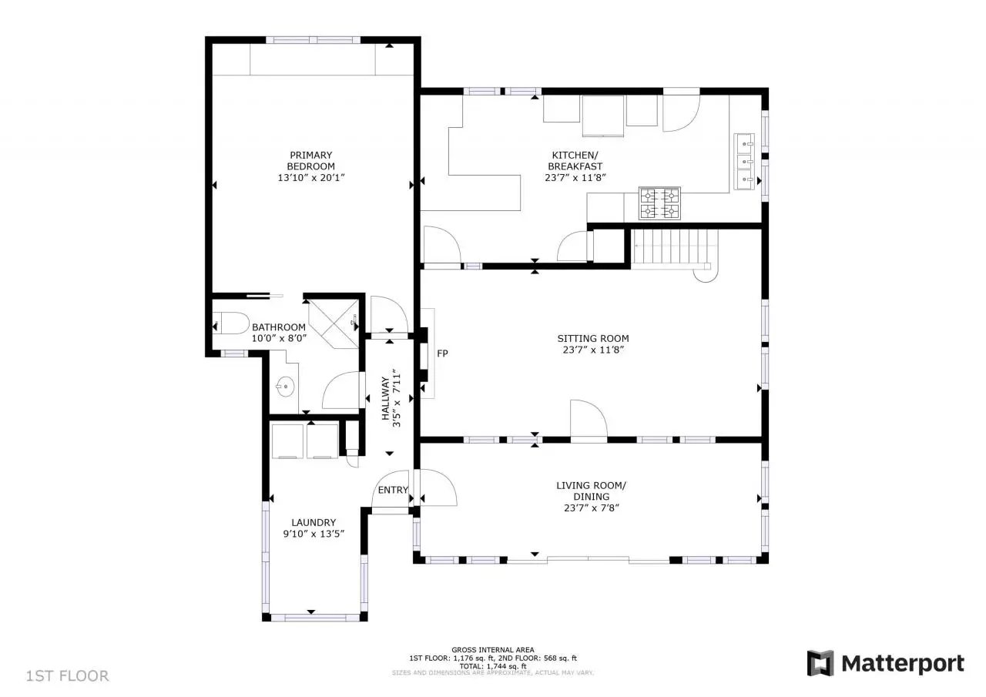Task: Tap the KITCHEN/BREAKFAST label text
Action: point(575,161)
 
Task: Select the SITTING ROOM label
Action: point(593,338)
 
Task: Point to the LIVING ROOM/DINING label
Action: point(591,491)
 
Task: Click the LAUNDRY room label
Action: point(314,522)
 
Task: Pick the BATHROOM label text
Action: point(279,327)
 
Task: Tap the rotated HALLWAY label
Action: point(386,398)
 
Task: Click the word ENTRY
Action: point(393,490)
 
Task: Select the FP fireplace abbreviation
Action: point(442,354)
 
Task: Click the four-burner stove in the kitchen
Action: point(659,203)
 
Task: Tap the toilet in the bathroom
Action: point(231,323)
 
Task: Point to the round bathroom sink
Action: point(285,387)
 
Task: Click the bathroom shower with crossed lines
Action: point(333,324)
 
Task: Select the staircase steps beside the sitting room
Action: point(670,249)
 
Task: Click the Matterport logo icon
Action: point(820,663)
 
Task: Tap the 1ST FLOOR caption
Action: point(67,676)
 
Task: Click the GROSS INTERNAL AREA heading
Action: point(492,649)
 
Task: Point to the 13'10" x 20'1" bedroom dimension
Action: point(310,178)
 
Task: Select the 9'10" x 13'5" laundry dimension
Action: point(314,534)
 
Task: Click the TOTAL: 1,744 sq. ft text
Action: point(492,666)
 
